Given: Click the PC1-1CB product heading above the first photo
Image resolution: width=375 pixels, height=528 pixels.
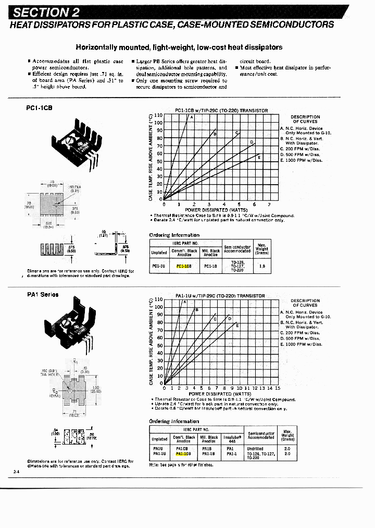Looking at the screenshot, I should click(40, 108).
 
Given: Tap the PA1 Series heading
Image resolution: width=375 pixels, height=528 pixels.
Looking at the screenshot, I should click(43, 295).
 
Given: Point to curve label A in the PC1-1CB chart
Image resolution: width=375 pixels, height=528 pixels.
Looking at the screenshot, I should click(191, 117).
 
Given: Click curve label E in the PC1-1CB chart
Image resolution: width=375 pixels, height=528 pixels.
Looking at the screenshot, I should click(259, 157).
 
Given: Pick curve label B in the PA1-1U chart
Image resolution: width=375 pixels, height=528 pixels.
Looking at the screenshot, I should click(197, 310).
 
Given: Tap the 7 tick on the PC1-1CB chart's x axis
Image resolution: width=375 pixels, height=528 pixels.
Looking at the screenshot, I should click(269, 204).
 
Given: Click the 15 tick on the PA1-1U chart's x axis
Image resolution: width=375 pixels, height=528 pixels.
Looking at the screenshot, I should click(278, 388).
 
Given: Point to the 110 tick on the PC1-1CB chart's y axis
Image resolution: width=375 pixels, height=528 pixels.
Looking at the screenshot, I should click(159, 115).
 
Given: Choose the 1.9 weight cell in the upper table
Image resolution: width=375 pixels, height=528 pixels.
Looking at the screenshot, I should click(261, 266).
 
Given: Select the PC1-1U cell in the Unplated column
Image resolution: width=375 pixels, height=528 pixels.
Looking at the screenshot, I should click(159, 266).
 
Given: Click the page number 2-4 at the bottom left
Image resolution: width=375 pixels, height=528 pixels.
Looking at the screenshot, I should click(16, 472).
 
